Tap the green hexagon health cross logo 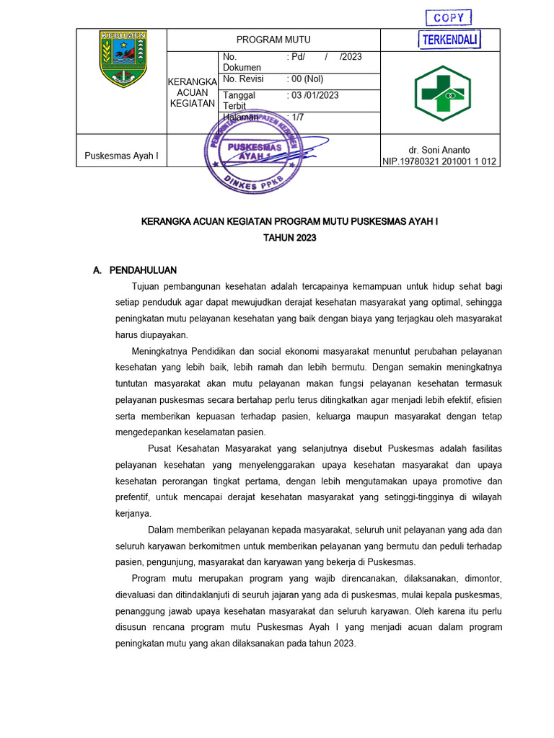coord(441,93)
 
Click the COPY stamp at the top coord(448,18)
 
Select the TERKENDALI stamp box coord(449,40)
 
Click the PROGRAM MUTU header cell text coord(273,40)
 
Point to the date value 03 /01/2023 coord(312,95)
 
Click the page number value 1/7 coord(295,117)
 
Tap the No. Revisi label coord(243,79)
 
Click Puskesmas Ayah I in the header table coord(121,156)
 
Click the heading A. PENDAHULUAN coord(135,270)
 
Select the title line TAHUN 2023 coord(289,238)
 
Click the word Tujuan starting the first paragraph coord(146,286)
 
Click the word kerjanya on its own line coord(133,513)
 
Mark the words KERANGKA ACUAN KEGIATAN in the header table coord(192,92)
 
